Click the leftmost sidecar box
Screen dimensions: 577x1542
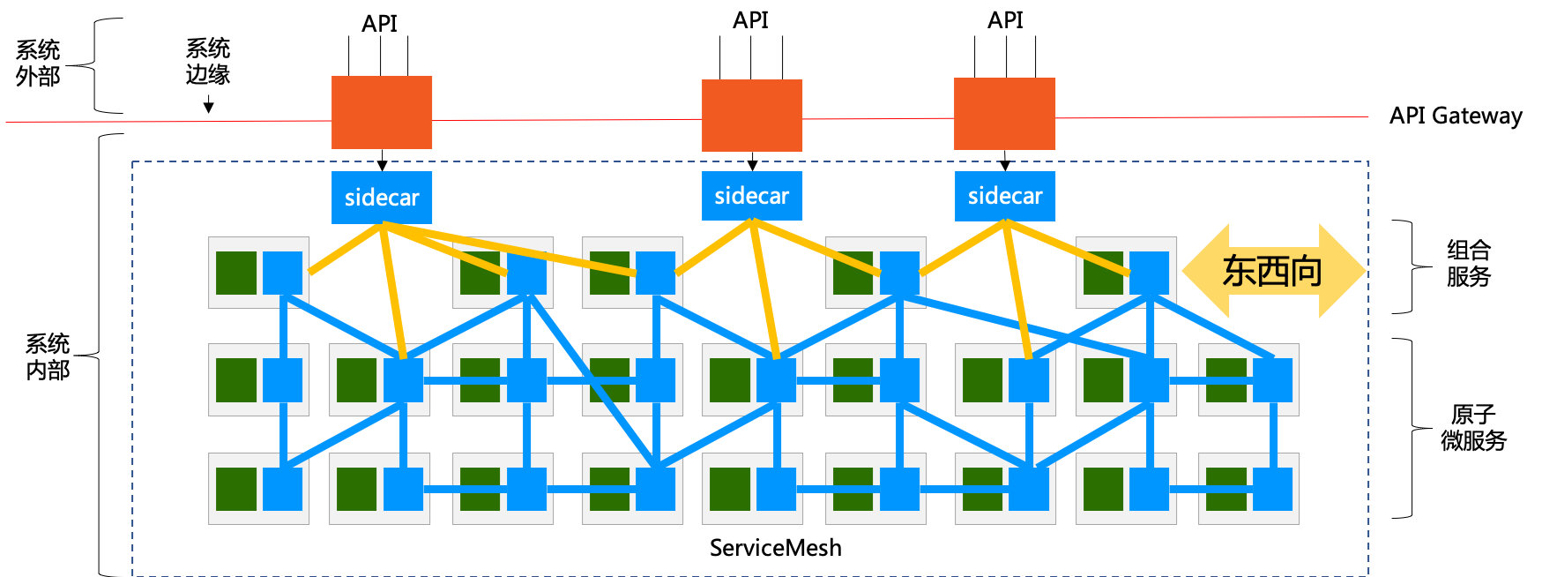tap(381, 197)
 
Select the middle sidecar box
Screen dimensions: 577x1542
tap(751, 196)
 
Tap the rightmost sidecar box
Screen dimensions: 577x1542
tap(1004, 196)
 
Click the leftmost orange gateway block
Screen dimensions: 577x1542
tap(381, 112)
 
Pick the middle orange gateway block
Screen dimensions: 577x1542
tap(751, 115)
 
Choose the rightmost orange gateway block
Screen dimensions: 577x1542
tap(1004, 113)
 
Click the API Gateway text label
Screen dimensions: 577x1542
tap(1455, 116)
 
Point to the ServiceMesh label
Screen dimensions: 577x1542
tap(775, 548)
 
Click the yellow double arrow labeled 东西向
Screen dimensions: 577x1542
tap(1272, 270)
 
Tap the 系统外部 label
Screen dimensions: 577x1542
tap(38, 64)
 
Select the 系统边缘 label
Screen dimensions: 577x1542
tap(208, 61)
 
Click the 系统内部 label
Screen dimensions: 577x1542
tap(48, 356)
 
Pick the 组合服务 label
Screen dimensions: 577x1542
tap(1468, 263)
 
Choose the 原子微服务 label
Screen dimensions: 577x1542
tap(1473, 427)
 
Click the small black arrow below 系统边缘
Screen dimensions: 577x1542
tap(209, 106)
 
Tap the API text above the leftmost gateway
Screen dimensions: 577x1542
tap(380, 23)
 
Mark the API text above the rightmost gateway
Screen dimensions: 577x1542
tap(1005, 19)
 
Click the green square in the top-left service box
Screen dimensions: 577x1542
tap(236, 273)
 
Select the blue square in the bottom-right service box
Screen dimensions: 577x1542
tap(1272, 489)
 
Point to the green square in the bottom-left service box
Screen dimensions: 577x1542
tap(236, 489)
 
